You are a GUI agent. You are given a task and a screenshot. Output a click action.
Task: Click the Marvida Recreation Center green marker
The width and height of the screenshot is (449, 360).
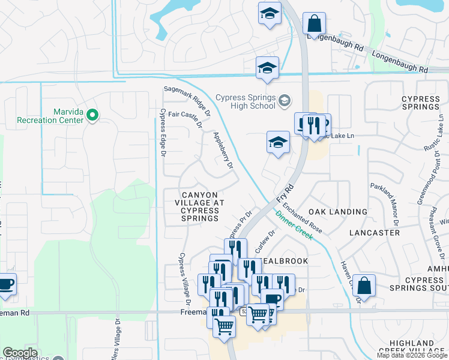(92, 115)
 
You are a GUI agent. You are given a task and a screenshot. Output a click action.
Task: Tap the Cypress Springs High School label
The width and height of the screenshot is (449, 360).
(246, 102)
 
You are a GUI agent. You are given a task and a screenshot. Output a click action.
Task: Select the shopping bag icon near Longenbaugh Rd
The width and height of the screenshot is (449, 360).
(314, 25)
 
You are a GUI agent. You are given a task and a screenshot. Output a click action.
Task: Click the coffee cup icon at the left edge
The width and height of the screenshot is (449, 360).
(5, 283)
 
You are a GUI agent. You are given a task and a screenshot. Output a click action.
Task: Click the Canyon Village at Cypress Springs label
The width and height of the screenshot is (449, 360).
(200, 206)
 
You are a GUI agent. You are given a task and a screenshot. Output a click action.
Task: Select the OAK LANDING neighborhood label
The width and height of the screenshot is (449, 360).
(338, 212)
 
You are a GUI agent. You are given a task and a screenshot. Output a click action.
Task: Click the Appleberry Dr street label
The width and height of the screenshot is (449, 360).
(223, 150)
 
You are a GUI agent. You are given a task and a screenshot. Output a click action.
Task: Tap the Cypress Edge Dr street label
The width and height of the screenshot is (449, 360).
(162, 133)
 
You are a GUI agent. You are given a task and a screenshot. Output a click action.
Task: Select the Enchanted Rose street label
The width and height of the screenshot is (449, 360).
(304, 218)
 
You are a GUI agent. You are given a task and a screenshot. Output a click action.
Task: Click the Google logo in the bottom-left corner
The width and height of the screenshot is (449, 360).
(20, 353)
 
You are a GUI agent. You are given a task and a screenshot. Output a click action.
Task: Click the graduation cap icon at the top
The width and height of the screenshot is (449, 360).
(270, 13)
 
